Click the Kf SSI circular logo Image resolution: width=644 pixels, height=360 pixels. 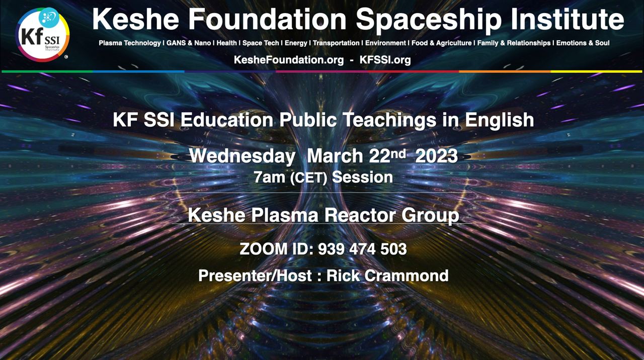42,35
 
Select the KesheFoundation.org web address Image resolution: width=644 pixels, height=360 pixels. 289,60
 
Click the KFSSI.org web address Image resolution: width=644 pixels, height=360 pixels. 385,60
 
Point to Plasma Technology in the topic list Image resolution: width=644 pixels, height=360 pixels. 130,43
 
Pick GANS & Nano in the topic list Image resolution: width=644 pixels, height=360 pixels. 189,43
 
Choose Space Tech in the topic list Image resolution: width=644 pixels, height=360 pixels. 261,43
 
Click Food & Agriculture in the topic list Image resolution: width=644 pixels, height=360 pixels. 441,43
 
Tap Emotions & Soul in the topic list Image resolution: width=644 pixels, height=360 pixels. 583,43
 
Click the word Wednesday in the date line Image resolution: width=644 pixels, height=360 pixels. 242,156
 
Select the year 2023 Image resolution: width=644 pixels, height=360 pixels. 436,156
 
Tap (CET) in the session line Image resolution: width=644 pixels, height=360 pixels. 308,178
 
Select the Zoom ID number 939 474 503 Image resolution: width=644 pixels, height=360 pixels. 362,249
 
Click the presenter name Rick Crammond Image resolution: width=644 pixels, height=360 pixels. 387,276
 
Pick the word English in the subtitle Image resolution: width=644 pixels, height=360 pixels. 500,120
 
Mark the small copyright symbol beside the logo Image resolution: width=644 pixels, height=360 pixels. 66,57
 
